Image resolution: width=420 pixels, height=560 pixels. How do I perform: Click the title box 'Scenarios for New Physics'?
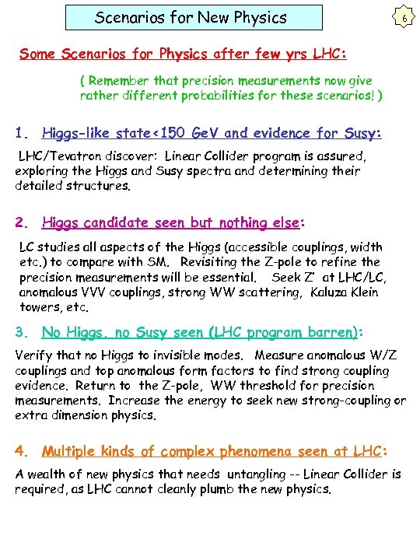tap(191, 17)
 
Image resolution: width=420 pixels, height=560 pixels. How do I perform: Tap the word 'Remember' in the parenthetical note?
tap(121, 80)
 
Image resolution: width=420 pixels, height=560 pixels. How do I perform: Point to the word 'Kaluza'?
tap(332, 292)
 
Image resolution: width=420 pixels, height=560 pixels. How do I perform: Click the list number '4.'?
tap(23, 451)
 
